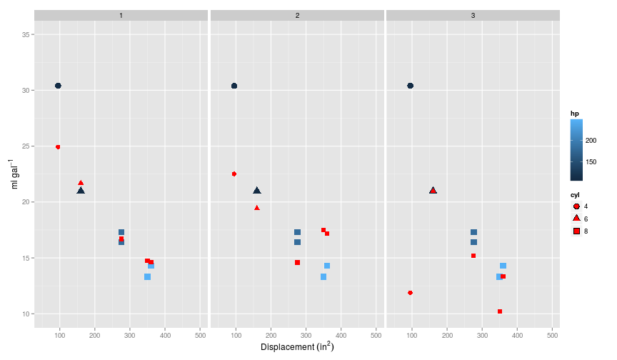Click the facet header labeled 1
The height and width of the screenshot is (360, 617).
pos(121,15)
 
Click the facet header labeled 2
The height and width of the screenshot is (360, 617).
pos(297,15)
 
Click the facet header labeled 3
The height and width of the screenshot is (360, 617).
pos(473,15)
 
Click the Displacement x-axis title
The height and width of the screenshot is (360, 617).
pos(297,348)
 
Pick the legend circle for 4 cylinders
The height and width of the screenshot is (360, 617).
pos(576,206)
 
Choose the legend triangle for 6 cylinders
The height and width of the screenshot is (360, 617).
pos(576,218)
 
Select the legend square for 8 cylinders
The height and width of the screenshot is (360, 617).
pos(576,231)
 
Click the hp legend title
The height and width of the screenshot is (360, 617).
pos(574,114)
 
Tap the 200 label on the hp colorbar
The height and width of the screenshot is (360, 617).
pos(591,141)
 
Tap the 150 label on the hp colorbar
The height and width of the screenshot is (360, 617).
pos(591,162)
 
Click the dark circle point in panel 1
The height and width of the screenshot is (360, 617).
pos(58,86)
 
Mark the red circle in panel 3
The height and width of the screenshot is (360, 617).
pos(410,293)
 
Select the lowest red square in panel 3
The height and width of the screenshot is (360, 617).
pos(500,311)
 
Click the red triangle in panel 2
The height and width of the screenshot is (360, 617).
pos(257,208)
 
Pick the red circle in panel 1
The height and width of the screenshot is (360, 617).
pos(58,147)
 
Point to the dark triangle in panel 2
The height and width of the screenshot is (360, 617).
pos(257,191)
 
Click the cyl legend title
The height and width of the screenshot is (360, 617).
pos(574,194)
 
